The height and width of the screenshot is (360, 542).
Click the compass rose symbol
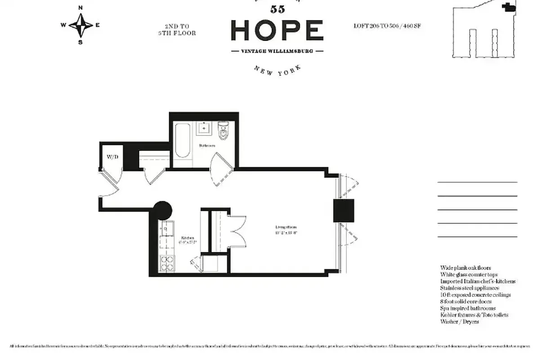click(x=81, y=25)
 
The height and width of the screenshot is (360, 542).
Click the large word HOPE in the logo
click(x=277, y=30)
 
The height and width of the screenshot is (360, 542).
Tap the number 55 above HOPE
click(x=278, y=9)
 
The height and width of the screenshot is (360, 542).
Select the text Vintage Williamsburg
click(x=277, y=51)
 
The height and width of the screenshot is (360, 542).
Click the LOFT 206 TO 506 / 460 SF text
click(x=387, y=26)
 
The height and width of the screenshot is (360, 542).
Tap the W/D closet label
click(x=112, y=157)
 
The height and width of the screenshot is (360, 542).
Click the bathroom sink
click(x=205, y=129)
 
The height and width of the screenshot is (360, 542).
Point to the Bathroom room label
click(x=207, y=145)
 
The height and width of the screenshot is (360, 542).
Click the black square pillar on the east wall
click(x=344, y=211)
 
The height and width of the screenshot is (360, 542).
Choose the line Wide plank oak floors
click(x=466, y=268)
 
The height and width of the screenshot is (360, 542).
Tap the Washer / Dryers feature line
click(x=460, y=322)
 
